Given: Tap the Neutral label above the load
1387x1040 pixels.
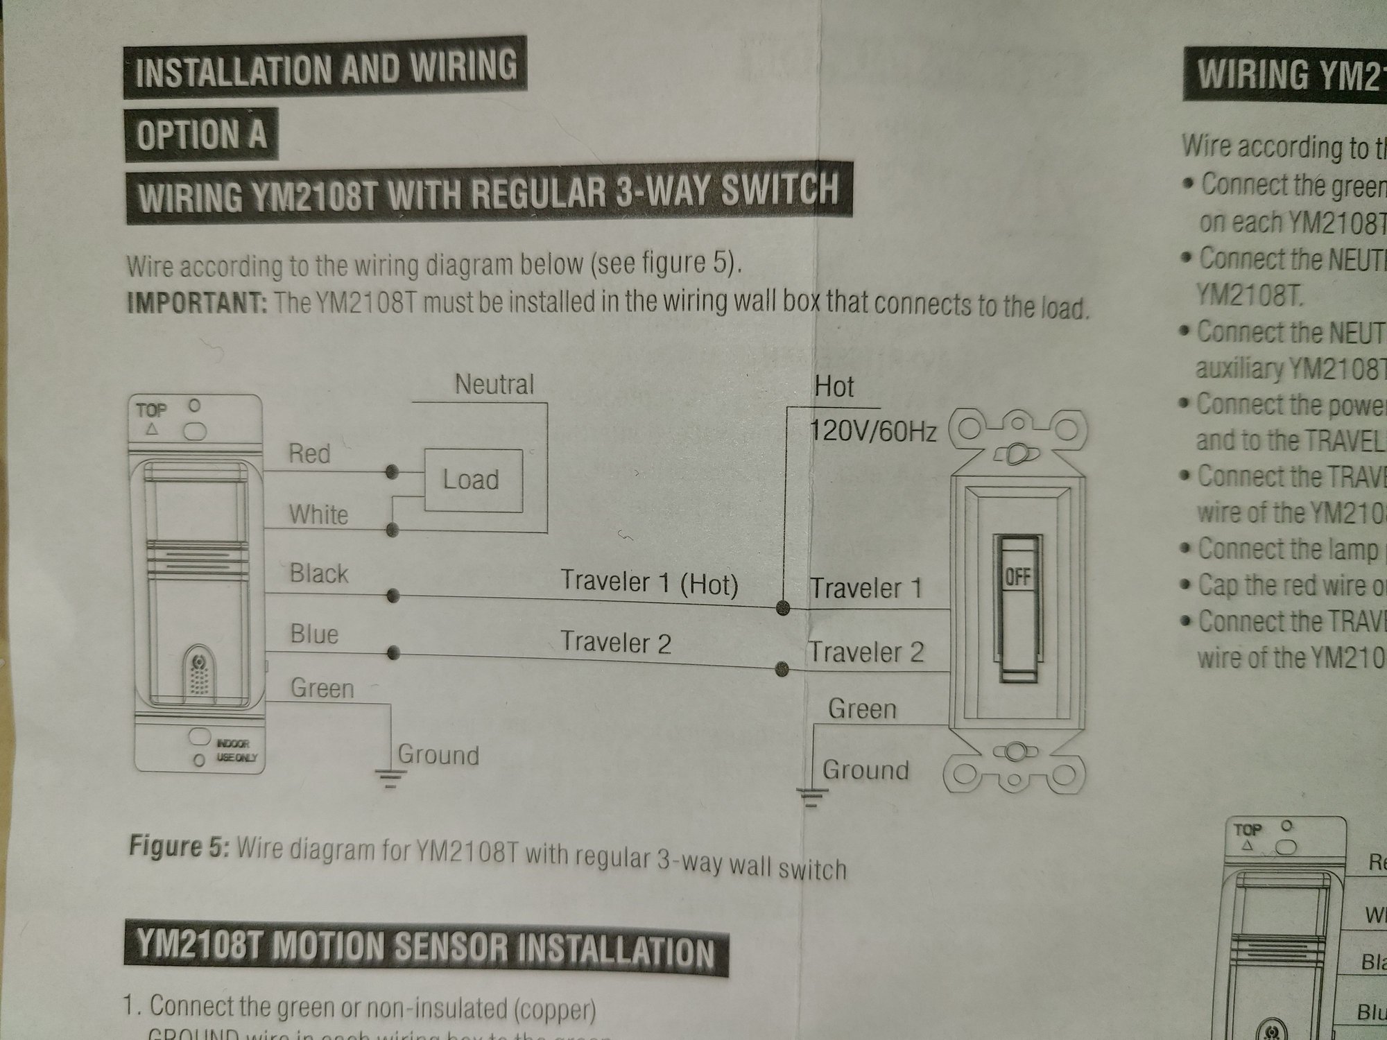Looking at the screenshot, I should [x=494, y=385].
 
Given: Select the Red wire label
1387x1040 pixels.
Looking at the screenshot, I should [x=309, y=454].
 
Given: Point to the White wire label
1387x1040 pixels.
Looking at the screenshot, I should [x=318, y=515].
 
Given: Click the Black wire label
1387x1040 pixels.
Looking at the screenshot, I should [x=318, y=574].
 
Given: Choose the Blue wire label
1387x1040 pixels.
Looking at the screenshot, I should [x=314, y=634].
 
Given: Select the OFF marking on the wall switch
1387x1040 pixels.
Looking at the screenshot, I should [x=1017, y=577].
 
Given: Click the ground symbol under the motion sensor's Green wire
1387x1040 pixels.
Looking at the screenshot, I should [x=390, y=779].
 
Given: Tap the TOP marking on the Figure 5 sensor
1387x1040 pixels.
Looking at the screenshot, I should [x=151, y=410].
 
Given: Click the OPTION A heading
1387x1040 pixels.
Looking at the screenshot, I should [x=201, y=134].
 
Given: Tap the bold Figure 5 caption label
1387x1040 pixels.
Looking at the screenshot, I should [x=178, y=847].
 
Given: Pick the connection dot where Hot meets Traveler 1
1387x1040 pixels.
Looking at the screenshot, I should [x=784, y=609].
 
